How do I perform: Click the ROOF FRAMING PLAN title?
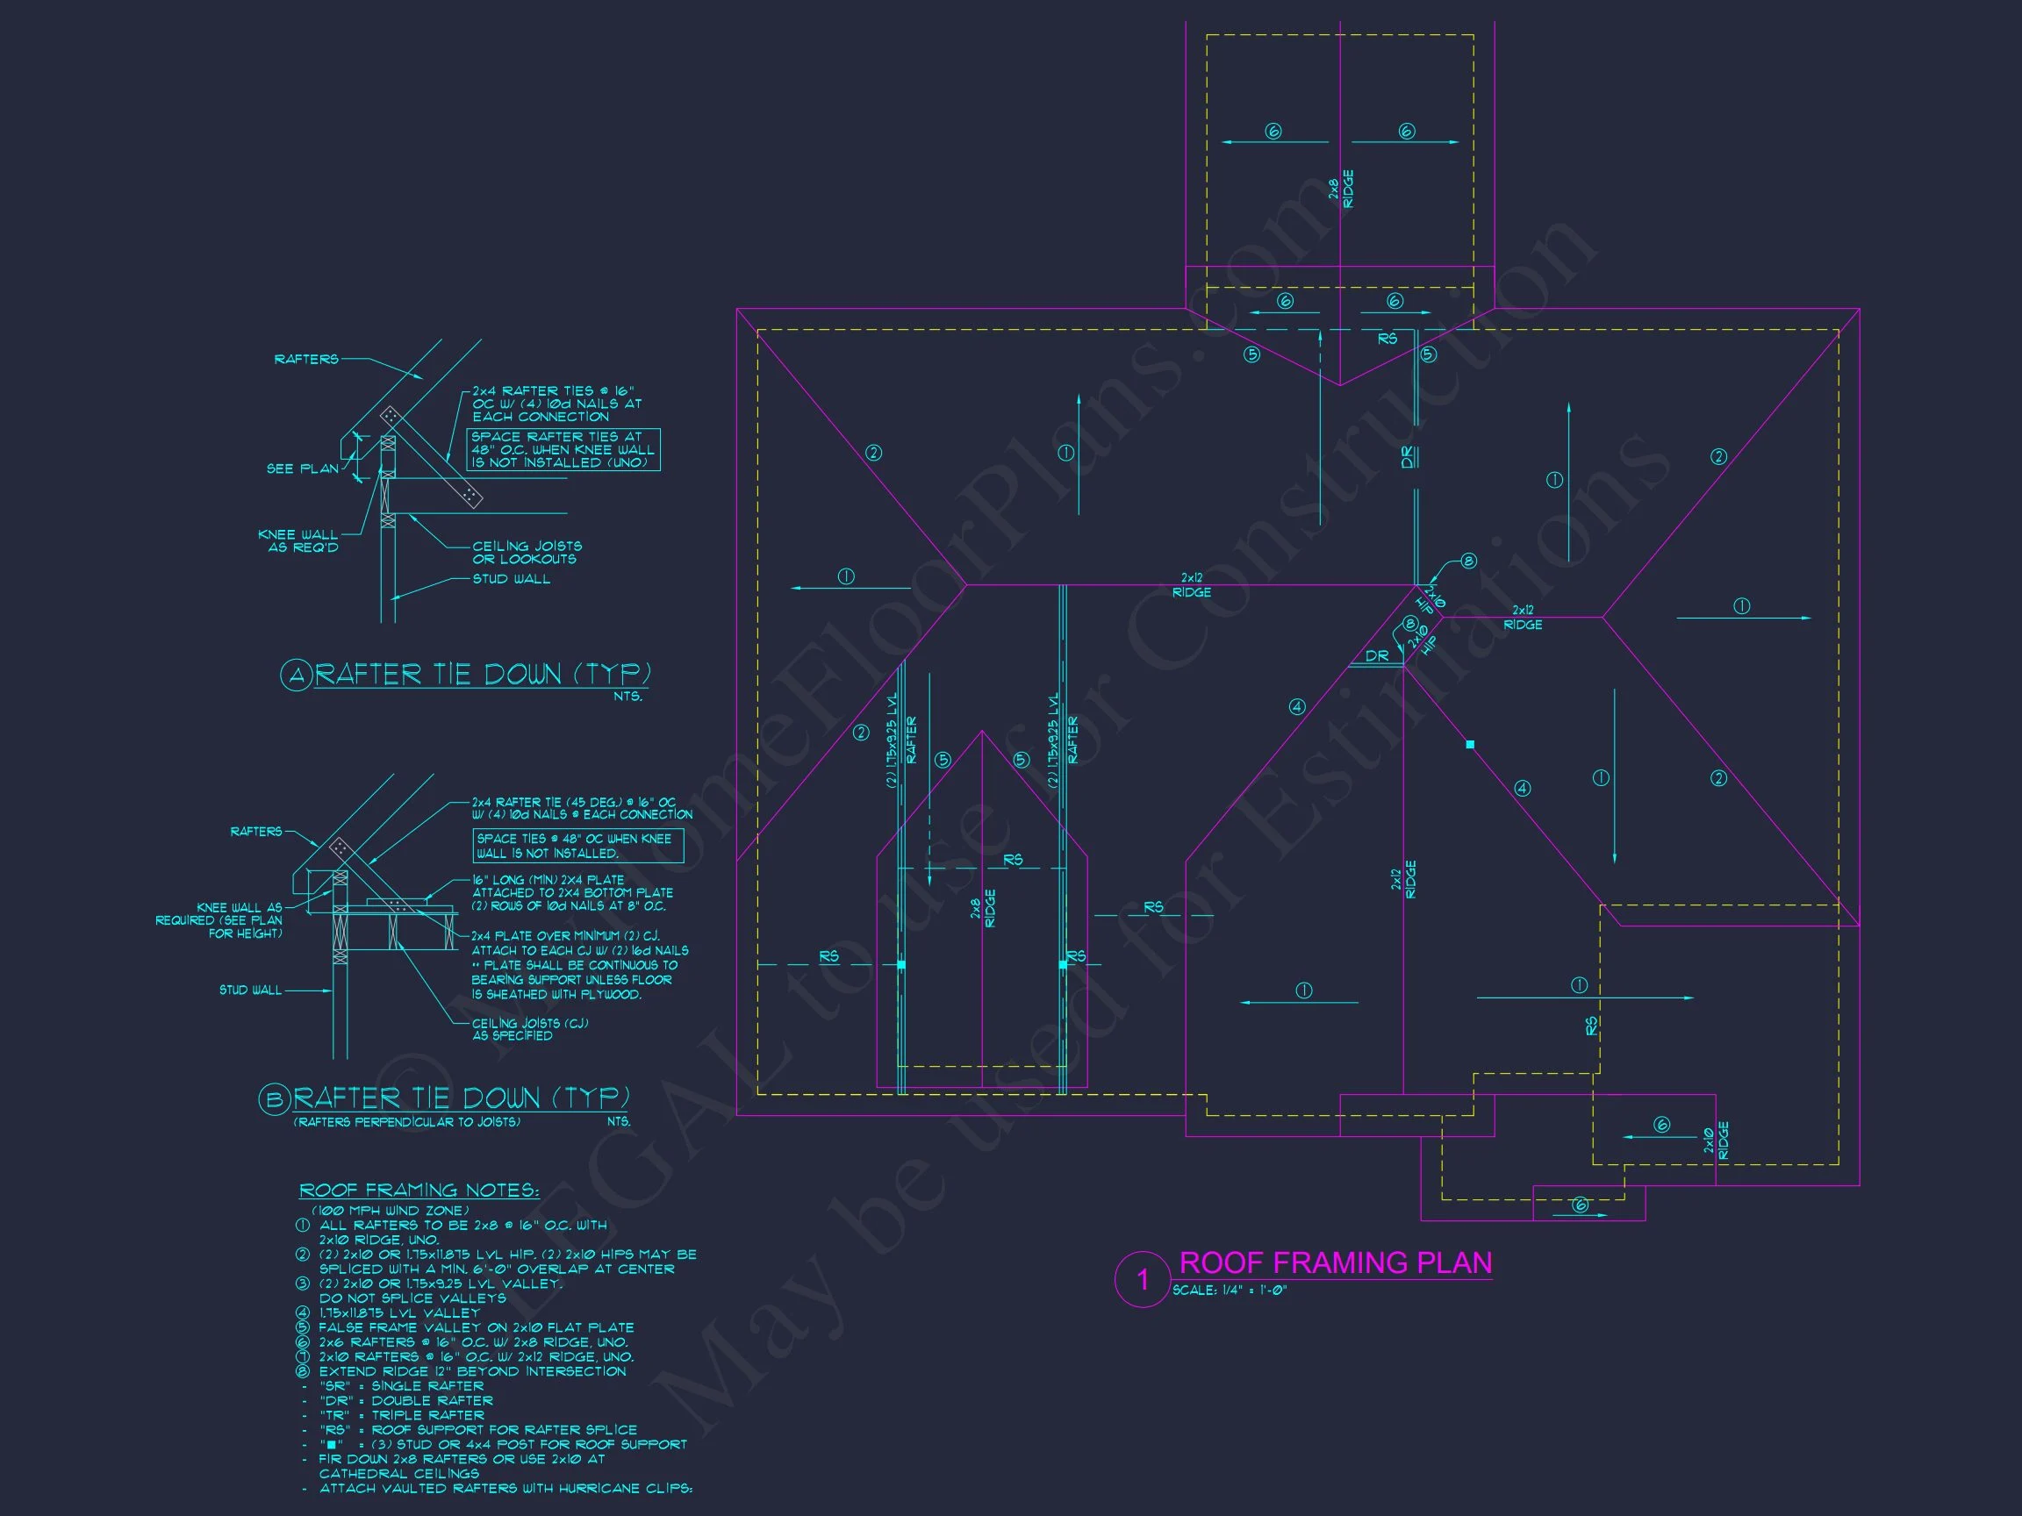pos(1336,1262)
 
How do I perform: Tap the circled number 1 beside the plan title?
pos(1142,1279)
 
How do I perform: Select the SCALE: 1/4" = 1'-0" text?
pos(1230,1291)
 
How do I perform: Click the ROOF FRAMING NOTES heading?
pos(419,1190)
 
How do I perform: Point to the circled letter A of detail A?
pos(295,676)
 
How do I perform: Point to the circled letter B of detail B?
pos(273,1099)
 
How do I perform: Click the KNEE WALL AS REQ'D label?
pos(299,541)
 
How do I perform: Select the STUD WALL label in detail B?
pos(250,990)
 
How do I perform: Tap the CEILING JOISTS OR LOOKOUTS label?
pos(527,552)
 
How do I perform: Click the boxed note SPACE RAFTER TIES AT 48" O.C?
pos(563,449)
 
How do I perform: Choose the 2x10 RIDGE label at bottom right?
pos(1716,1141)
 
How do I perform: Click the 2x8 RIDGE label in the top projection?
pos(1341,189)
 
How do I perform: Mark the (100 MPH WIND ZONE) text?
pos(391,1210)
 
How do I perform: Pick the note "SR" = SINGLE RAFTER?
pos(401,1385)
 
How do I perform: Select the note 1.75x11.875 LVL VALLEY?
pos(399,1312)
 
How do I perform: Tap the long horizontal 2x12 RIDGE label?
pos(1192,585)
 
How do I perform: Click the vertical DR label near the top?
pos(1408,457)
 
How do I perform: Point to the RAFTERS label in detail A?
pos(306,359)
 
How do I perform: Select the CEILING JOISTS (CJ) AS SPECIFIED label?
pos(530,1029)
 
